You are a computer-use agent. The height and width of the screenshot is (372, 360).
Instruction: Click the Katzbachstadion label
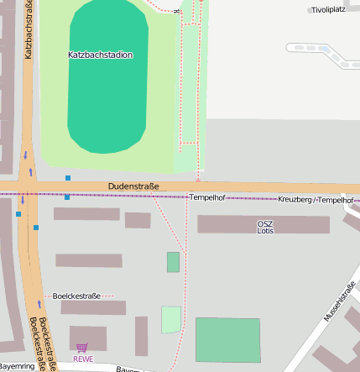point(100,55)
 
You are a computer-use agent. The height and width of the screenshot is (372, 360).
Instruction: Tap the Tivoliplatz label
point(328,10)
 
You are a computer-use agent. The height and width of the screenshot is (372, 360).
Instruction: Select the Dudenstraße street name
point(133,186)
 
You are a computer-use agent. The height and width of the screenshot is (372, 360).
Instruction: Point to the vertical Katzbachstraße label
point(29,32)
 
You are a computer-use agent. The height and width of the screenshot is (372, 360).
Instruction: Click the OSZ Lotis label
point(265,226)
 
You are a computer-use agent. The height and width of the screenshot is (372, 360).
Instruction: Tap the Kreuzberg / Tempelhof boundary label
point(316,200)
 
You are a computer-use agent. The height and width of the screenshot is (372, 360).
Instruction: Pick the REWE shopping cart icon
point(81,347)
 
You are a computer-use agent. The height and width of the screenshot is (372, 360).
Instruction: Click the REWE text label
point(83,359)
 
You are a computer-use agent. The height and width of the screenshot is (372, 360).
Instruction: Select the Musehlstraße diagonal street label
point(339,301)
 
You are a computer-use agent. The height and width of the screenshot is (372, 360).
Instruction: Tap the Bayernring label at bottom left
point(17,367)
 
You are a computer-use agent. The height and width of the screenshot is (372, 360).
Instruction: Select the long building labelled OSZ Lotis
point(263,224)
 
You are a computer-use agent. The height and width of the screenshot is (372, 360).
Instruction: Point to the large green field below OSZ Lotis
point(227,339)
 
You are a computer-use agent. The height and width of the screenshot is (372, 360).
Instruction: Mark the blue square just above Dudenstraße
point(68,178)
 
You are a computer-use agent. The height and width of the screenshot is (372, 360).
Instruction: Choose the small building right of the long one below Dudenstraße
point(138,220)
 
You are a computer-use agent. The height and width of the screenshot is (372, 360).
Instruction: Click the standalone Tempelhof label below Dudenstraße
point(206,196)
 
